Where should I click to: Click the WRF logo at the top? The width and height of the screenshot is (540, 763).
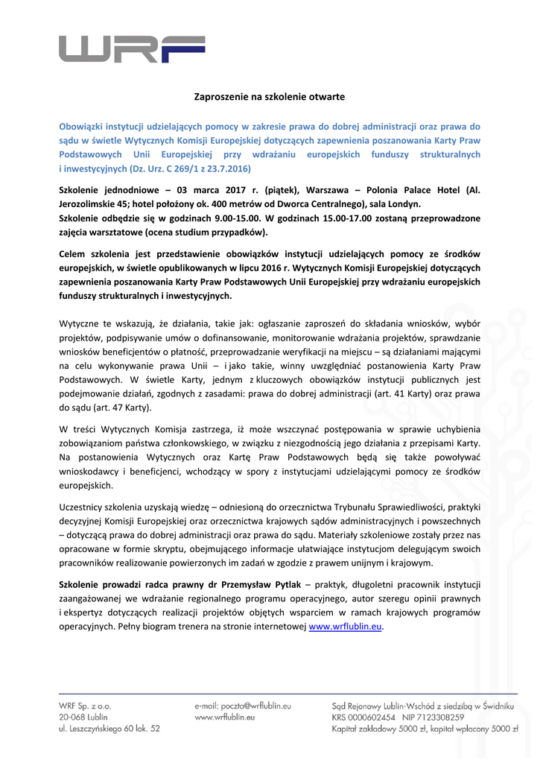coord(121,48)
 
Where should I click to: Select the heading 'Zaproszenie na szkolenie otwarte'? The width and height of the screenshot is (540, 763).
coord(270,97)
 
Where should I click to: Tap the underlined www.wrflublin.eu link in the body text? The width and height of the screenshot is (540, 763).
coord(346,627)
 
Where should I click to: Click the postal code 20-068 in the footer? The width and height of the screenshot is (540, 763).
coord(74,717)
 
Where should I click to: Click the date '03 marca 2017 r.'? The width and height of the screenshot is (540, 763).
coord(209,190)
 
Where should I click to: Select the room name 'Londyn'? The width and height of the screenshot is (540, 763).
coord(403,203)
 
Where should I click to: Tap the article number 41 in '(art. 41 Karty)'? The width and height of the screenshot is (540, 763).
coord(404,394)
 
